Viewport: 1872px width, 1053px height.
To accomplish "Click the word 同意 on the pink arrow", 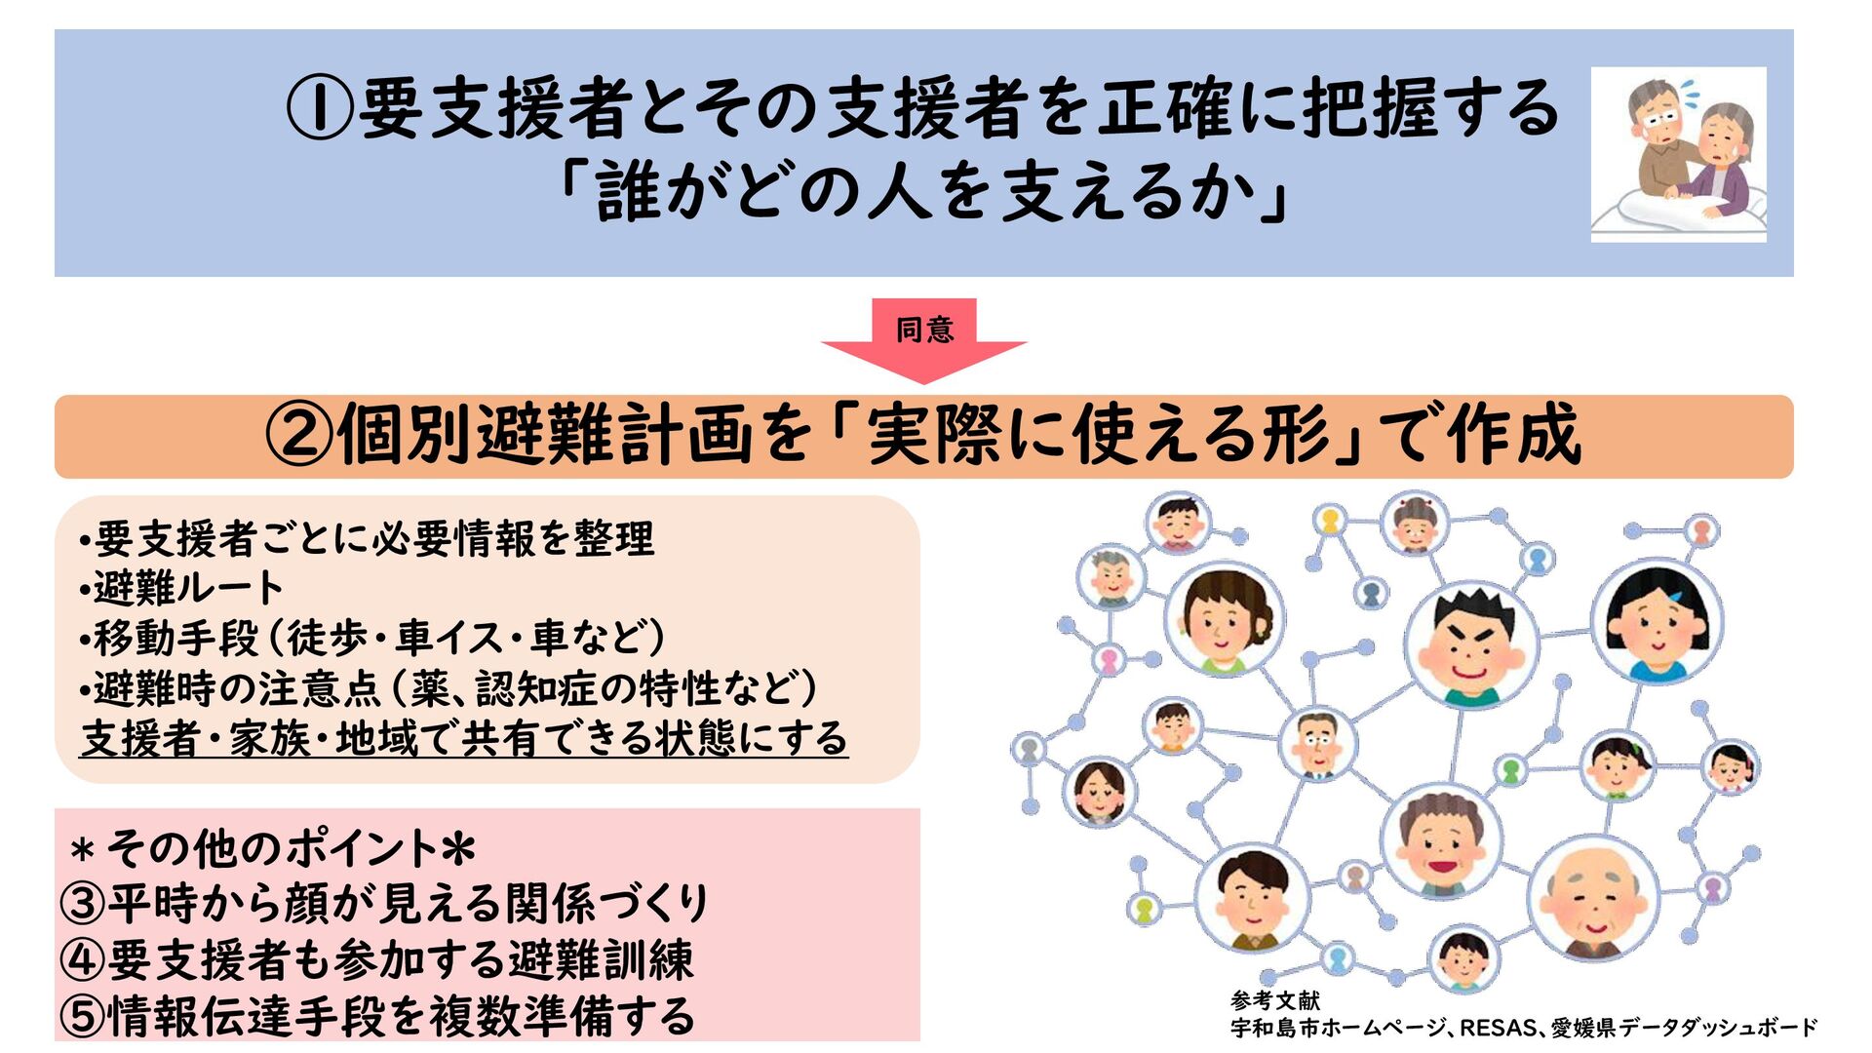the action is coord(924,330).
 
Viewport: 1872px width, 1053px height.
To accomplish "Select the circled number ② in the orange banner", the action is coord(299,436).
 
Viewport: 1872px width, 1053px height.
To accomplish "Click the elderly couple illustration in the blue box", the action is coord(1678,153).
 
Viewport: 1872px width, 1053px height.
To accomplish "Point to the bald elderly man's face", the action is coord(1593,898).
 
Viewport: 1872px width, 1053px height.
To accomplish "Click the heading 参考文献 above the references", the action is coord(1275,1000).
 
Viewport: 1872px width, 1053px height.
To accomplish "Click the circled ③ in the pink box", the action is coord(82,903).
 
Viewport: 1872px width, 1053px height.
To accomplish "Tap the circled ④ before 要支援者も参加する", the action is coord(82,959).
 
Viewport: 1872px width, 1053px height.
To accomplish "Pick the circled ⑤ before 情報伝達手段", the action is coord(82,1016).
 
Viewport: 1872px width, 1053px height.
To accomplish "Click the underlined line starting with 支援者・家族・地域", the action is coord(464,739).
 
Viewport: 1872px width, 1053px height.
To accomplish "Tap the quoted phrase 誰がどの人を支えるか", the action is coord(923,192).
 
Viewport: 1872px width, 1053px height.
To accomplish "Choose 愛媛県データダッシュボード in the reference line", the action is coord(1684,1028).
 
